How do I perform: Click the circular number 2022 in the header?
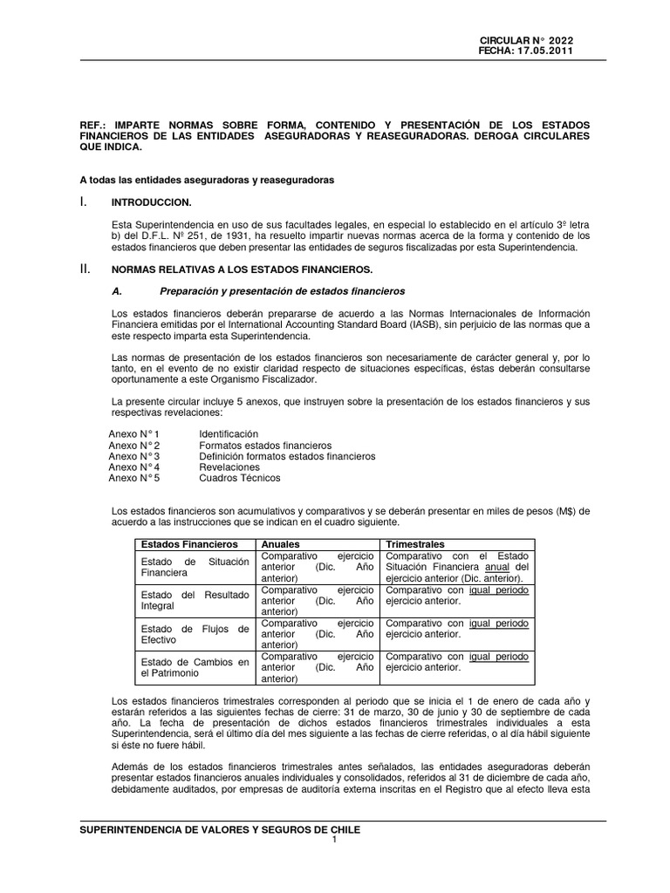[558, 40]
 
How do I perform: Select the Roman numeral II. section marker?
[85, 268]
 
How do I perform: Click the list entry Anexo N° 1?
[133, 433]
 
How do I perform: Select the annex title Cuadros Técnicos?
[240, 478]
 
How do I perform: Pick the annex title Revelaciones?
[229, 467]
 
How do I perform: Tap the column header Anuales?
[282, 543]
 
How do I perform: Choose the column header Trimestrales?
[415, 543]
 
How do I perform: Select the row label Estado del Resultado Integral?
[195, 599]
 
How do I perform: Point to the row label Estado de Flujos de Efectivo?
[195, 634]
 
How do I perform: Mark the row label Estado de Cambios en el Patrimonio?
[195, 667]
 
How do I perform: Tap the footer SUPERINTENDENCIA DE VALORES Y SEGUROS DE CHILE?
[220, 830]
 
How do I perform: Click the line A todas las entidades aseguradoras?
[207, 180]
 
